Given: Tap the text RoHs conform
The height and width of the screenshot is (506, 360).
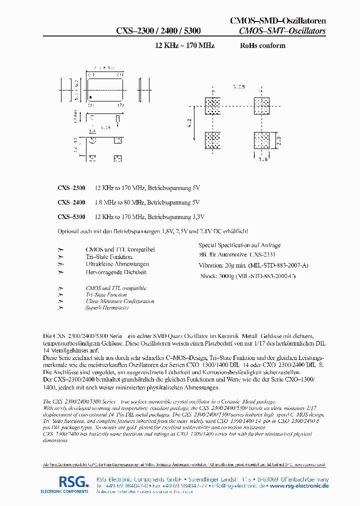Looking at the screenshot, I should [262, 45].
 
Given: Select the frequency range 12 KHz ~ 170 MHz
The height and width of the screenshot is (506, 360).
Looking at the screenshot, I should [185, 45].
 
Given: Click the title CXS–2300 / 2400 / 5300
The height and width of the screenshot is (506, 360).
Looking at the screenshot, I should [158, 31].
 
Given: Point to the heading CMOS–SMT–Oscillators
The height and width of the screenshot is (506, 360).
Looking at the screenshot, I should [282, 31].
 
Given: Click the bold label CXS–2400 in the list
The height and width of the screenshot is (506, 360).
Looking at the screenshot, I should [71, 202].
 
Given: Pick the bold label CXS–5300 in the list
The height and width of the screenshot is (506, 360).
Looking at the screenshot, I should [71, 217].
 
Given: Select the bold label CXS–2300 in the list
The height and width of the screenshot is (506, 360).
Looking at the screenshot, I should [71, 188].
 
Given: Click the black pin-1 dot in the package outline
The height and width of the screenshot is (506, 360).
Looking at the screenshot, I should [90, 96].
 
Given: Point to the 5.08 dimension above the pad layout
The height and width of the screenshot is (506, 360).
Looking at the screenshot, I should [238, 86].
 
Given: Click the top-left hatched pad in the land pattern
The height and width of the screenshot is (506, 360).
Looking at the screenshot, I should [212, 106].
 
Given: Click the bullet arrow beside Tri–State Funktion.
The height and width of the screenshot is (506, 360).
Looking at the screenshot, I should [61, 257].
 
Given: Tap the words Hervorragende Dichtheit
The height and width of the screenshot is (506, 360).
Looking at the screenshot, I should [116, 272].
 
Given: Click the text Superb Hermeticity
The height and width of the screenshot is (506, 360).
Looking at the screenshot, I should [107, 308].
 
